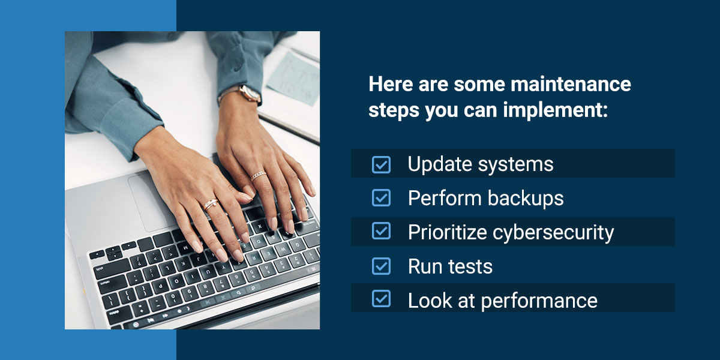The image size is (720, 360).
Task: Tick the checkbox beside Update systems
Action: pos(381,164)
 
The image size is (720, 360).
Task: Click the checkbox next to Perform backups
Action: pos(381,197)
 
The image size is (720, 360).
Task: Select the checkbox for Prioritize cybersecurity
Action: pos(381,231)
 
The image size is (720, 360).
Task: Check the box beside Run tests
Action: pos(381,266)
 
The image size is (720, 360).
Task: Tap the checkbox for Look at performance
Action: pos(381,299)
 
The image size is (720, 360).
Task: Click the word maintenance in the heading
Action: pos(571,84)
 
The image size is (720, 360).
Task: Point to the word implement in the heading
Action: pos(555,110)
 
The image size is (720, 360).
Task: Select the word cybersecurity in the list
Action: pos(553,233)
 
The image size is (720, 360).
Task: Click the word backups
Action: pos(526,198)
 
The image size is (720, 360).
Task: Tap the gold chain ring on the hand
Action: pos(259,175)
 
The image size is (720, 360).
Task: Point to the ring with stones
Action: pos(211,205)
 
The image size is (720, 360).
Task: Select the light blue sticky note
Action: pos(293,79)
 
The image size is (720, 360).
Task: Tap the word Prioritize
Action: pos(448,232)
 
